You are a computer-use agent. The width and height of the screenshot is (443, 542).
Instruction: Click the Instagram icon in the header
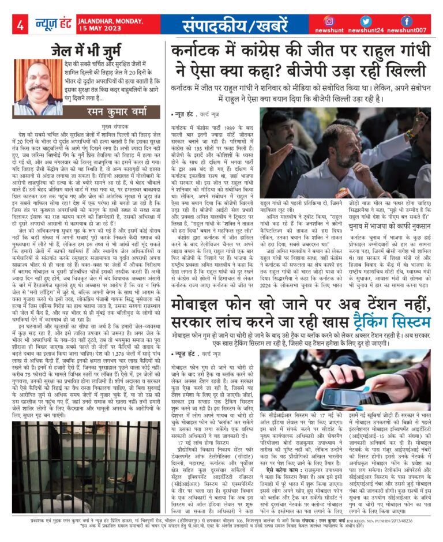(x=329, y=20)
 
